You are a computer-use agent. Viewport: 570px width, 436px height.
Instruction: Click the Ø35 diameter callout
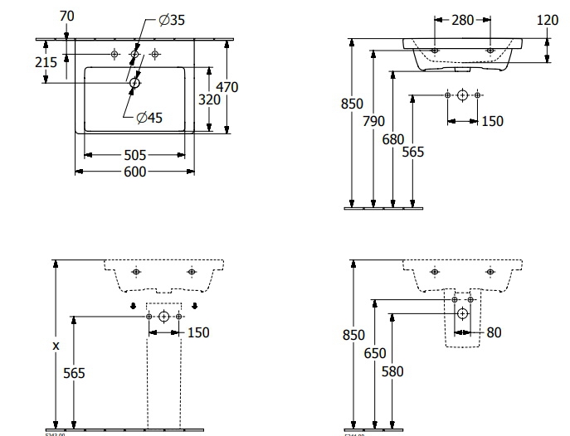[172, 20]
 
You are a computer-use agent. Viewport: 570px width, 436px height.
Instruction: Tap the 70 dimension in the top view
[68, 14]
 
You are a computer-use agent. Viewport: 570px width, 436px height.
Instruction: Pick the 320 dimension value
[209, 99]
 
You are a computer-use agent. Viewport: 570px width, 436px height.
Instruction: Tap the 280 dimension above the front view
[463, 20]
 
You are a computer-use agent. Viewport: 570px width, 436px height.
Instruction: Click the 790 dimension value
[374, 121]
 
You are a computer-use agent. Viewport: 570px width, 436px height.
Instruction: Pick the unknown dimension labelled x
[56, 346]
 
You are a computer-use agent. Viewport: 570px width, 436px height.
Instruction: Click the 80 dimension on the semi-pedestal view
[494, 332]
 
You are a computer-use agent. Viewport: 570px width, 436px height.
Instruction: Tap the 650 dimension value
[374, 353]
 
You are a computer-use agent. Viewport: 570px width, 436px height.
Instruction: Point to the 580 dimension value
[392, 371]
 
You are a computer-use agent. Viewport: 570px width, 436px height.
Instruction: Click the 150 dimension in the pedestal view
[198, 332]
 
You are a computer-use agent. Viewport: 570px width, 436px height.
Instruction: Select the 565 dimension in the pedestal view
[75, 373]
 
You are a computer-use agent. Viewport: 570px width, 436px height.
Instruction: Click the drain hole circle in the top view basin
[135, 82]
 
